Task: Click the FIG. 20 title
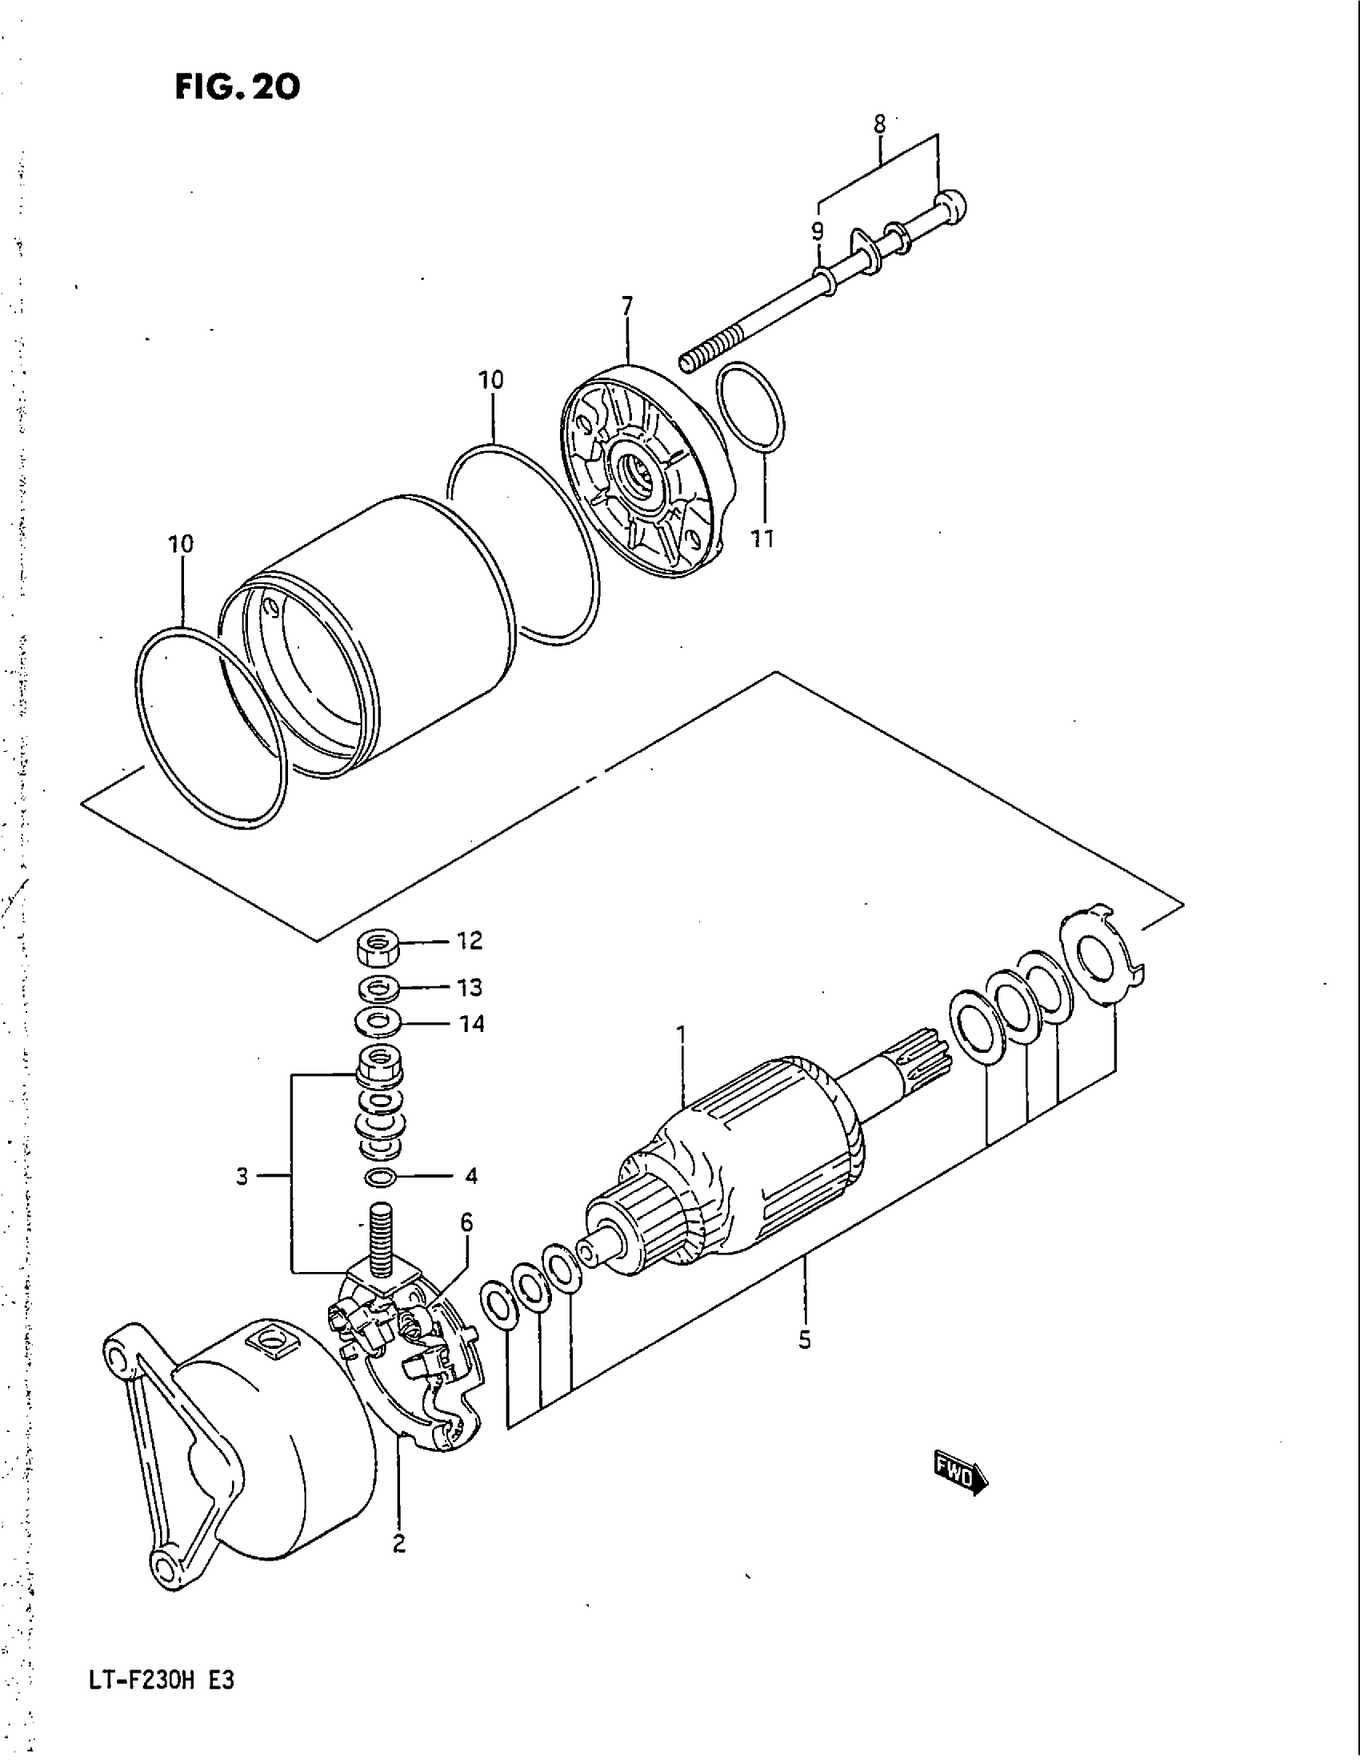click(237, 86)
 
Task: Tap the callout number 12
click(470, 941)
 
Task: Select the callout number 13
click(470, 987)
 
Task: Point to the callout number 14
click(471, 1024)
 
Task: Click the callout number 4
click(471, 1177)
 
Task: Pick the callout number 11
click(762, 539)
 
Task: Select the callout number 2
click(399, 1545)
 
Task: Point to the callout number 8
click(879, 123)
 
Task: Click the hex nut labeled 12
click(377, 947)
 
